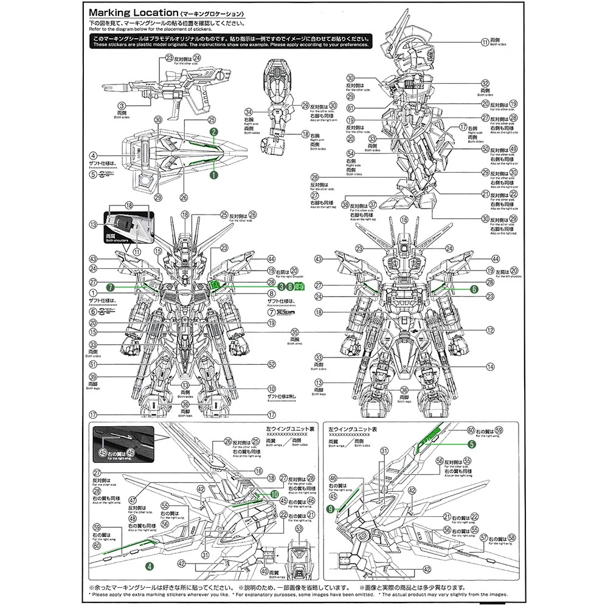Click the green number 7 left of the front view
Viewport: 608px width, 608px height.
(110, 286)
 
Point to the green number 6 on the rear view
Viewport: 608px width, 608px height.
(474, 289)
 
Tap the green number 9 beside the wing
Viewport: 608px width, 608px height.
(330, 510)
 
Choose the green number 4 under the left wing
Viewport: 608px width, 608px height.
(148, 565)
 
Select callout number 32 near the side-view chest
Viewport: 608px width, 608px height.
(485, 84)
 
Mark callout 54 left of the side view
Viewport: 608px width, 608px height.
(350, 153)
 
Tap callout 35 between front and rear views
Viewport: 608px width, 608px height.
(295, 333)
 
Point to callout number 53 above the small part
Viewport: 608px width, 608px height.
(299, 530)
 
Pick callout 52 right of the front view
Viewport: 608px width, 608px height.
(272, 364)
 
